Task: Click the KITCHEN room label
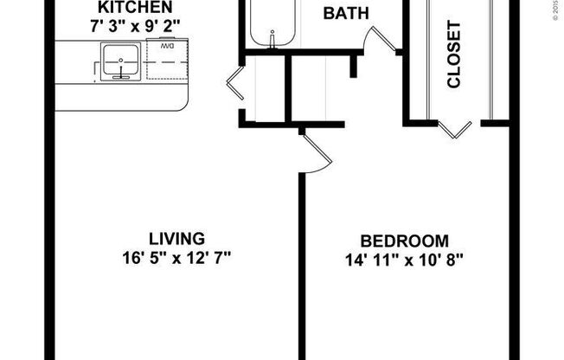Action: (x=125, y=9)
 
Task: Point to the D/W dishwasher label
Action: (x=167, y=46)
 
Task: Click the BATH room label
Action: (x=346, y=13)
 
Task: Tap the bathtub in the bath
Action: (x=274, y=22)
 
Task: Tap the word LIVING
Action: (x=176, y=238)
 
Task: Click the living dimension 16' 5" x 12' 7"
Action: (x=176, y=256)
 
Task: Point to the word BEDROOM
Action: (x=405, y=241)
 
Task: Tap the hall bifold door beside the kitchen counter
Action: (x=235, y=84)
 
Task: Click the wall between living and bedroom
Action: (x=302, y=260)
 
